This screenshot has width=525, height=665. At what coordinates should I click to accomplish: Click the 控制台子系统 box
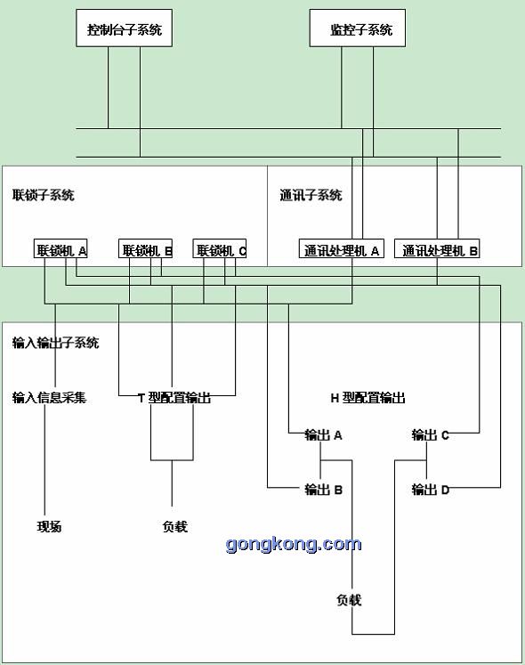pos(124,28)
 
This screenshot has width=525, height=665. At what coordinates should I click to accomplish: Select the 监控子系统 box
pos(358,28)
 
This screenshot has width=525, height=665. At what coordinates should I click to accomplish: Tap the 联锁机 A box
pos(61,248)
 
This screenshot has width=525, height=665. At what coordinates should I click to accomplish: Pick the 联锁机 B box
pos(145,248)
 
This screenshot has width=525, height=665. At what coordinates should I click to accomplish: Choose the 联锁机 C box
pos(220,248)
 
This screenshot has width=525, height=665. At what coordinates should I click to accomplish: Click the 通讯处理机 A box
pos(342,248)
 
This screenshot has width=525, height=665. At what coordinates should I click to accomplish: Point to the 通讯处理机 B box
pos(437,248)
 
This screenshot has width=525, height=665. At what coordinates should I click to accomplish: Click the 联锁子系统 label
pos(44,195)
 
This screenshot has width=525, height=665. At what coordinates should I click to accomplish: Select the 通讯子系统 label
pos(311,195)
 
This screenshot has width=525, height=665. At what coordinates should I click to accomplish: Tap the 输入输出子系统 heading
pos(55,343)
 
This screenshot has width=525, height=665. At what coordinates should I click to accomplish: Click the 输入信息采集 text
pos(49,398)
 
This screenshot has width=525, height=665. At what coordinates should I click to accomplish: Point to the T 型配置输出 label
pos(174,398)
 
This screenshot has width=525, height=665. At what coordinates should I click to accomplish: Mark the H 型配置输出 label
pos(367,398)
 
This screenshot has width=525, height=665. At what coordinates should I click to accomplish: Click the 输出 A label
pos(323,435)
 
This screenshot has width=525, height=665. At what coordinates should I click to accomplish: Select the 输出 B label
pos(323,490)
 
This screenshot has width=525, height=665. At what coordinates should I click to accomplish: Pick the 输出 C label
pos(430,435)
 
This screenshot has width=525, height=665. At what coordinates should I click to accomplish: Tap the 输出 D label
pos(430,490)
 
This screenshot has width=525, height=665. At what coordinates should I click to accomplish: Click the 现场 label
pos(49,527)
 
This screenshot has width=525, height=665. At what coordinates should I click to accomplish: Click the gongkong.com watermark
pos(294,545)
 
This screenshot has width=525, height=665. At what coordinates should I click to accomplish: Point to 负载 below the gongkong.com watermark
pos(349,600)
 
